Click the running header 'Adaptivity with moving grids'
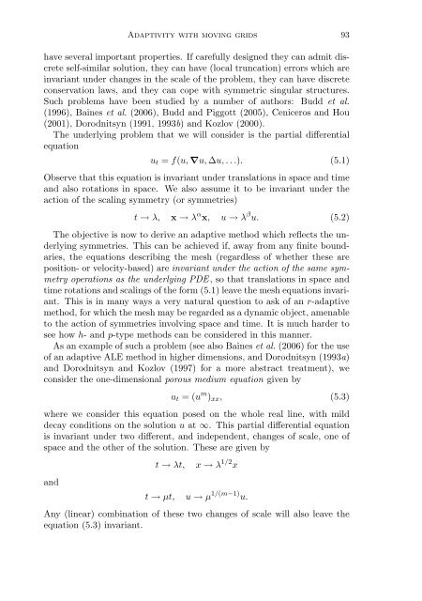(x=211, y=20)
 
